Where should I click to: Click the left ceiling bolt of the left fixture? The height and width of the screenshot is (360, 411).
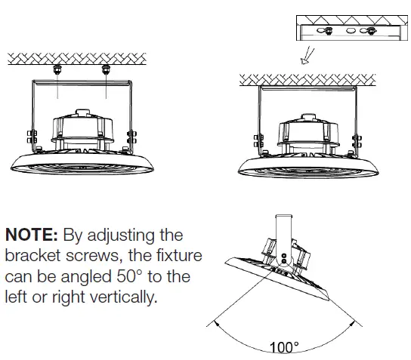(x=57, y=69)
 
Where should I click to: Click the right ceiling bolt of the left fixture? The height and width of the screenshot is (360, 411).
(x=105, y=69)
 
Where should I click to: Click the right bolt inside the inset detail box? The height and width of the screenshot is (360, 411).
(x=370, y=31)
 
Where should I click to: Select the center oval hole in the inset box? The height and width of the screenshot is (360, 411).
(x=351, y=32)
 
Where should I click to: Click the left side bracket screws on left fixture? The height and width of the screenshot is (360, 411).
(x=32, y=139)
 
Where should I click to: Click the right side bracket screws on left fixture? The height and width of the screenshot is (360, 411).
(x=132, y=139)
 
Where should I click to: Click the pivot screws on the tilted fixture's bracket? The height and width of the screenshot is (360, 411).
(x=283, y=260)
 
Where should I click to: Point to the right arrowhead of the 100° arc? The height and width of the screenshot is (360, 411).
(x=357, y=323)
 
